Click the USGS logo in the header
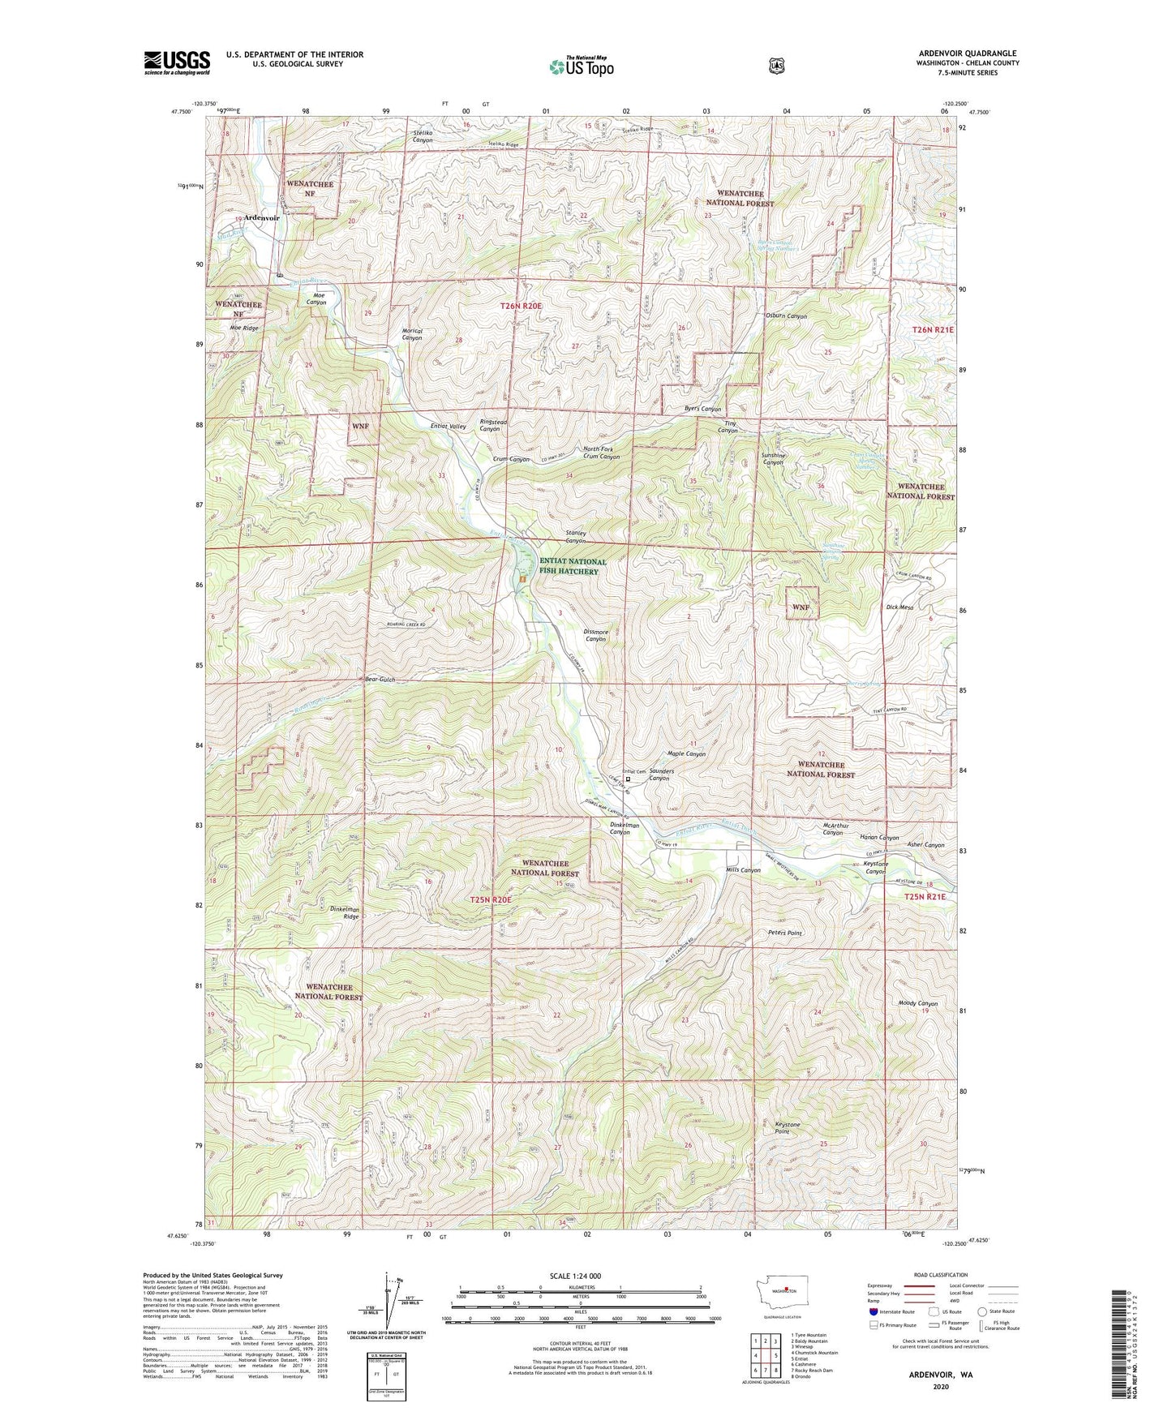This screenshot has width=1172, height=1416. click(177, 62)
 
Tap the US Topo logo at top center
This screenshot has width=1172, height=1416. click(580, 67)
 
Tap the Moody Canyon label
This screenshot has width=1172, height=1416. click(917, 1003)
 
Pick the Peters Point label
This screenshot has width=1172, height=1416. click(784, 933)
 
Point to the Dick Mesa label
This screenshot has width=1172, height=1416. click(899, 607)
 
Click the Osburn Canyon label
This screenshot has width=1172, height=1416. click(785, 315)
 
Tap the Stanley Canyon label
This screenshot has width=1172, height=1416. click(575, 537)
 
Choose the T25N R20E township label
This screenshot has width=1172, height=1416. click(492, 900)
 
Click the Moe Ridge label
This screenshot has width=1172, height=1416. click(243, 328)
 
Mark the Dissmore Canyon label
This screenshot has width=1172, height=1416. click(595, 636)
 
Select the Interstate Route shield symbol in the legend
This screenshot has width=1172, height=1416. click(873, 1311)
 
